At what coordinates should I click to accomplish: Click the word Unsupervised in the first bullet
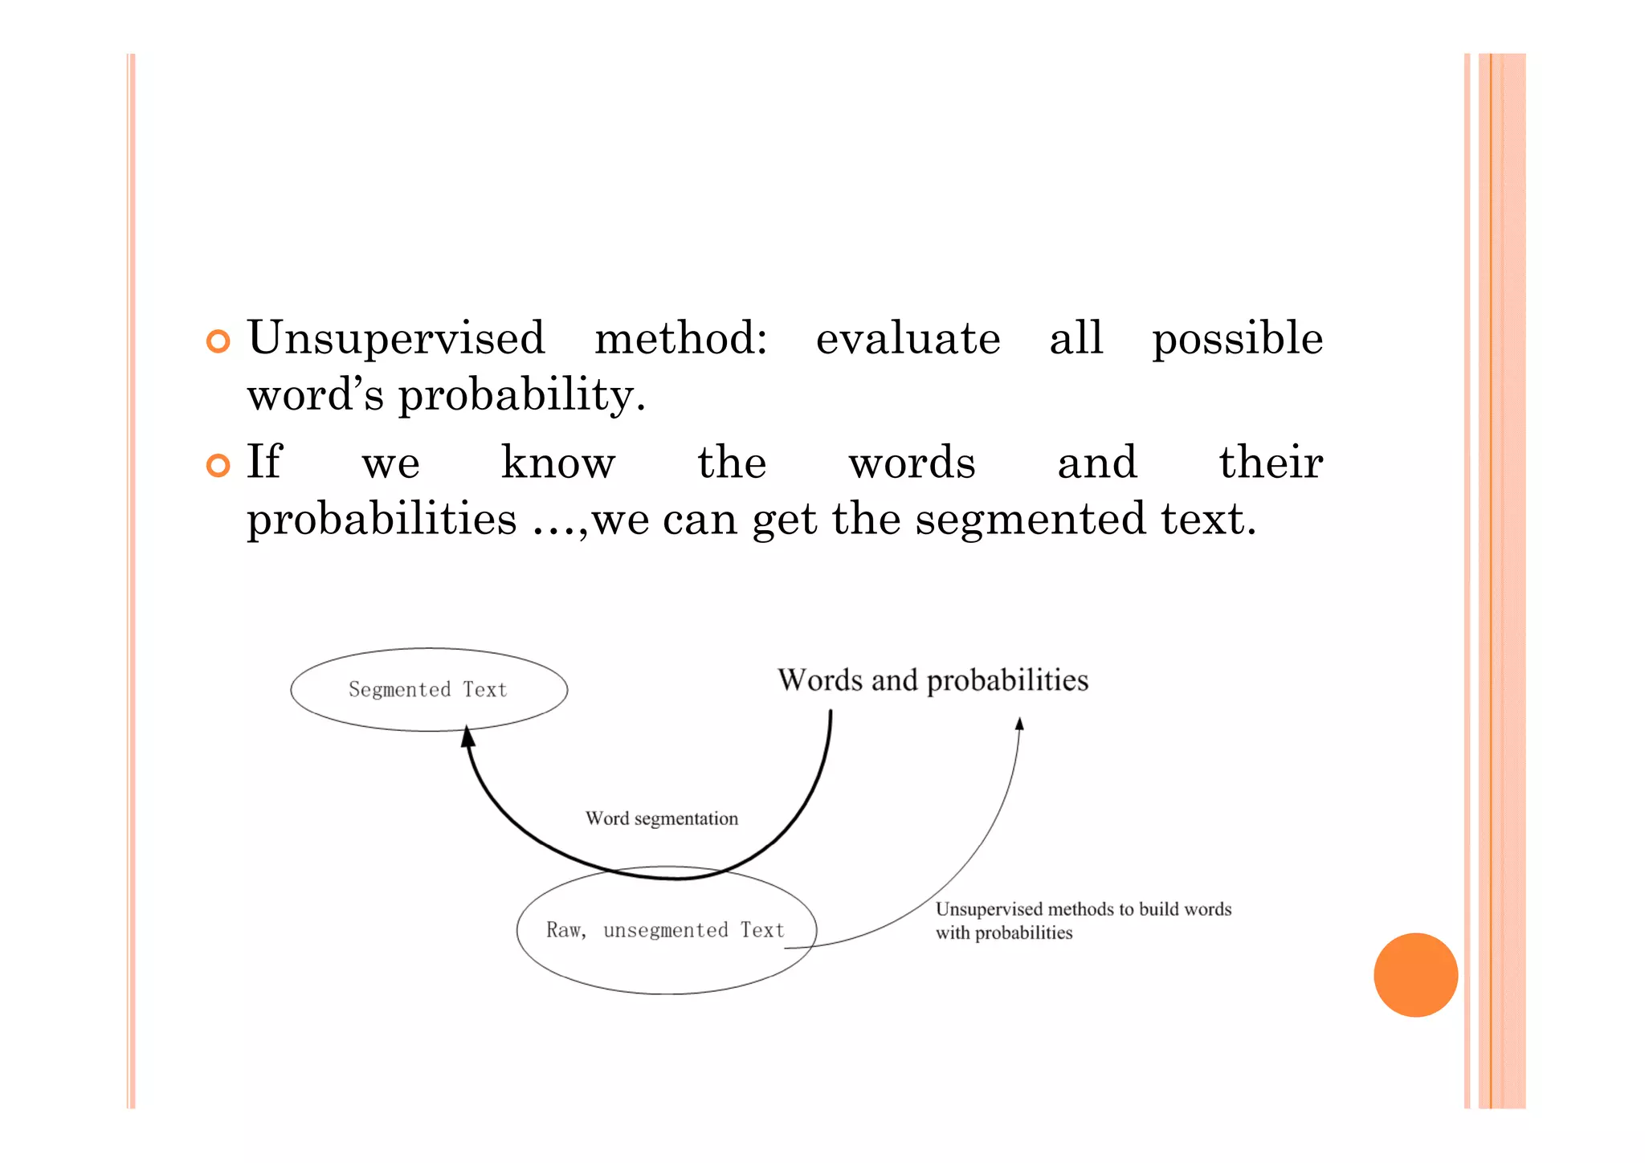pyautogui.click(x=396, y=338)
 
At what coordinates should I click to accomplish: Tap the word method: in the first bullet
pyautogui.click(x=680, y=338)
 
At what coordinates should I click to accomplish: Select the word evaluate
pyautogui.click(x=908, y=338)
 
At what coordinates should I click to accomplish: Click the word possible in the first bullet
pyautogui.click(x=1237, y=338)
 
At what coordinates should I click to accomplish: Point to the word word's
pyautogui.click(x=315, y=394)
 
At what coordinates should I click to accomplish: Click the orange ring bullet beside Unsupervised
pyautogui.click(x=218, y=341)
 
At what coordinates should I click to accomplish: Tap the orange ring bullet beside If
pyautogui.click(x=218, y=465)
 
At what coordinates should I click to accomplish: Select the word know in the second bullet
pyautogui.click(x=557, y=463)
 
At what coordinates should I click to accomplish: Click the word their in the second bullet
pyautogui.click(x=1271, y=463)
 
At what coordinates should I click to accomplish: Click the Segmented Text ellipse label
pyautogui.click(x=428, y=689)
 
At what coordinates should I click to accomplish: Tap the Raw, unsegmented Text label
pyautogui.click(x=665, y=930)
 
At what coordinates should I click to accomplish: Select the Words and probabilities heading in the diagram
pyautogui.click(x=933, y=680)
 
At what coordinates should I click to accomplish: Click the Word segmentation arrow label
pyautogui.click(x=661, y=818)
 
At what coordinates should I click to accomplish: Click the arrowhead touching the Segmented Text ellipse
pyautogui.click(x=467, y=735)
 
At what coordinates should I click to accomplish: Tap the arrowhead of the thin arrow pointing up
pyautogui.click(x=1019, y=724)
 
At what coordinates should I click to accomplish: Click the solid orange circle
pyautogui.click(x=1415, y=974)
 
